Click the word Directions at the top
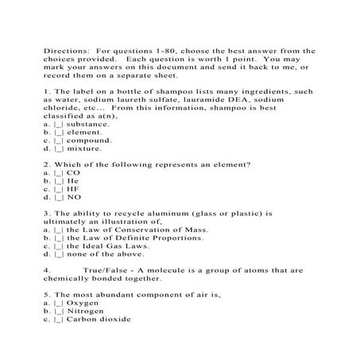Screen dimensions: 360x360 point(64,49)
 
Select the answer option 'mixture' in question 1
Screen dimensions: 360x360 point(85,149)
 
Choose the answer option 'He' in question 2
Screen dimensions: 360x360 point(73,180)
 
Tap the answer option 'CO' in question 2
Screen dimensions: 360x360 point(73,172)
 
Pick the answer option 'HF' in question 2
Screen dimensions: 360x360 point(73,189)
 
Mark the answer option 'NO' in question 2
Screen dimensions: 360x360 point(73,197)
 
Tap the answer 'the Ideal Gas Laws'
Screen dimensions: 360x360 point(106,246)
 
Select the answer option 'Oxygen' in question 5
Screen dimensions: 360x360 point(83,304)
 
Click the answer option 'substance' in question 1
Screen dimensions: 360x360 point(88,124)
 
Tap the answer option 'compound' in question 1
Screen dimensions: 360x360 point(88,140)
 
